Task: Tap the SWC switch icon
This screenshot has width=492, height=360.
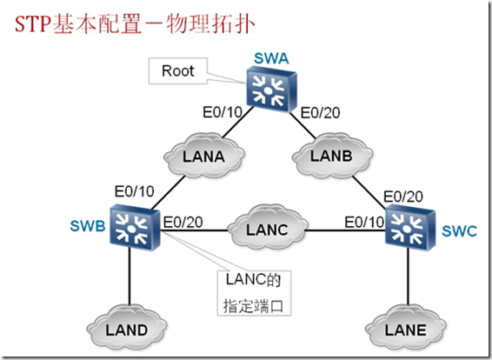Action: point(409,229)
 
